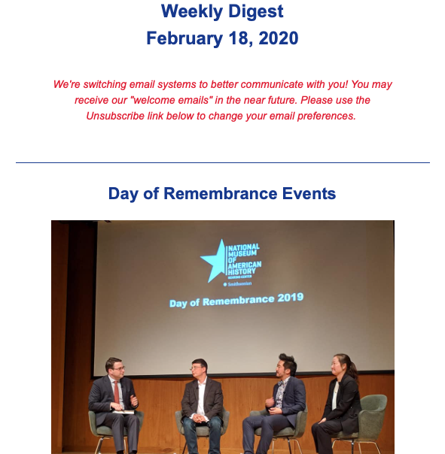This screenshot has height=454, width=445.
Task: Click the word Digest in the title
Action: click(255, 12)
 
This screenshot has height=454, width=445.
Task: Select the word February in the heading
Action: click(184, 39)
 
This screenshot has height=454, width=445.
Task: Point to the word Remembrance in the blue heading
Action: click(221, 193)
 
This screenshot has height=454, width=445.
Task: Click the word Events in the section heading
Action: click(309, 193)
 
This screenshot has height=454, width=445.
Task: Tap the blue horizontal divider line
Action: click(223, 162)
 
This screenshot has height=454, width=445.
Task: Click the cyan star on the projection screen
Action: click(214, 261)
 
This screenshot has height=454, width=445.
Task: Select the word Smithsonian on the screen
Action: click(239, 284)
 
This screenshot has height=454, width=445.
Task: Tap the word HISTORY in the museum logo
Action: click(242, 272)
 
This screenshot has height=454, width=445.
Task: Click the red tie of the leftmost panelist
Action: click(116, 392)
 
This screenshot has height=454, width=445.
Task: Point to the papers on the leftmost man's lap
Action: click(123, 412)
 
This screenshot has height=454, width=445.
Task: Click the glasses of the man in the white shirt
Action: click(197, 368)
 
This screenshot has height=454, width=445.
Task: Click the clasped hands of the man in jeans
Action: click(200, 418)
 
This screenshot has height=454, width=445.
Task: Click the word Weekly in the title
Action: click(192, 12)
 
